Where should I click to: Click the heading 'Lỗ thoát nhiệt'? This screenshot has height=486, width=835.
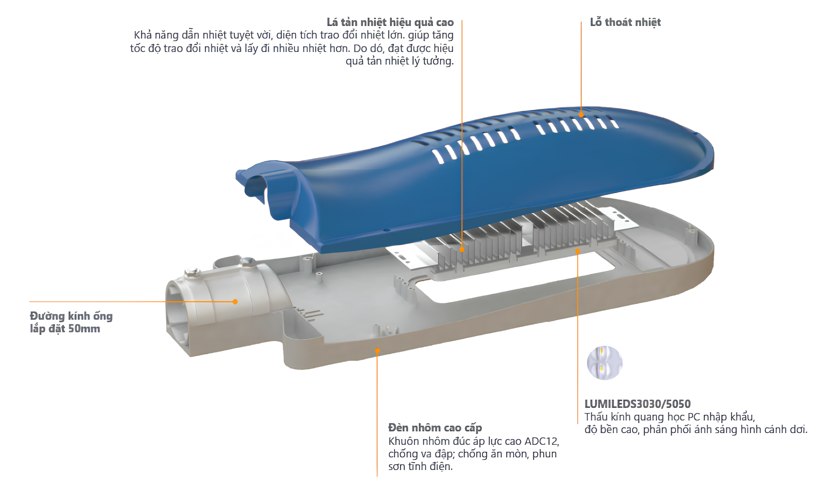tap(625, 22)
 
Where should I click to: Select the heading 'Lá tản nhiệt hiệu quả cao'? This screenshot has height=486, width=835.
tap(390, 22)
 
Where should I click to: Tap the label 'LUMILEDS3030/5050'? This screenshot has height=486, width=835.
tap(637, 404)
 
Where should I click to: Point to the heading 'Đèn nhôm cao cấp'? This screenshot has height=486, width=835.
tap(435, 428)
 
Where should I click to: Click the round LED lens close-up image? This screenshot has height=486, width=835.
tap(604, 363)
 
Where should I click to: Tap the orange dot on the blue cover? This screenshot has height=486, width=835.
tap(581, 114)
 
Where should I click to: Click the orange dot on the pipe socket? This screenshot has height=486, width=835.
tap(235, 302)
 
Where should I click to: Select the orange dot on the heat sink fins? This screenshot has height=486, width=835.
tap(462, 249)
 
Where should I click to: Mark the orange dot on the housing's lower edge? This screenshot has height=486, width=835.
tap(377, 350)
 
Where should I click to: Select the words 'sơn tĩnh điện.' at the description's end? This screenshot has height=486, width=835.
tap(420, 466)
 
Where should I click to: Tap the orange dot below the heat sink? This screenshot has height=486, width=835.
tap(577, 251)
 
